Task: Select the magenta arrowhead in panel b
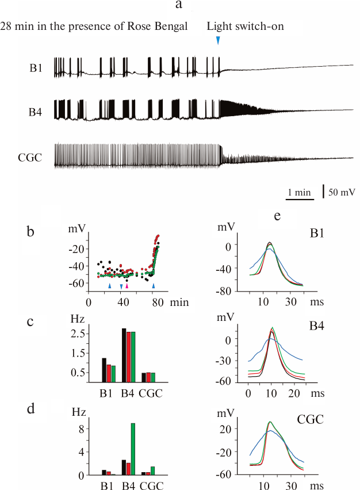click(127, 285)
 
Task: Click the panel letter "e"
click(278, 217)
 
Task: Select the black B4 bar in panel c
click(124, 355)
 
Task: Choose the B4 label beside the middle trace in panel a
click(36, 110)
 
